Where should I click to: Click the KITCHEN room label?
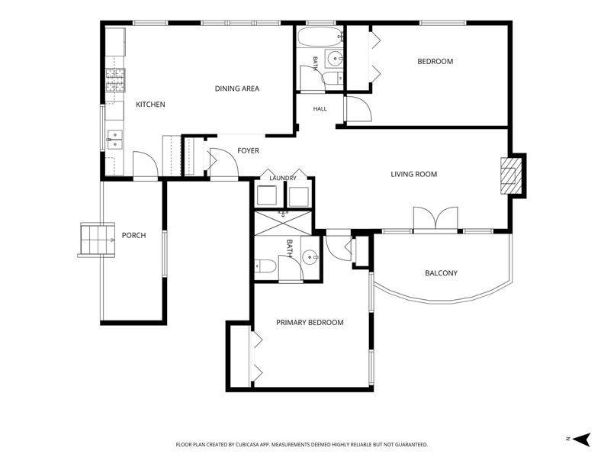(150, 105)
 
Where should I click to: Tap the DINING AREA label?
(237, 89)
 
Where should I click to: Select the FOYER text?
(248, 150)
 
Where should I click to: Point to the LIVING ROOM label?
(413, 174)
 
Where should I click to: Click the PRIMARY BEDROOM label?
(310, 323)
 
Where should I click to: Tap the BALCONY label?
(441, 273)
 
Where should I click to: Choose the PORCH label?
(133, 236)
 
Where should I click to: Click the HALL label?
(320, 109)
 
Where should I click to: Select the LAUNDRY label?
(283, 178)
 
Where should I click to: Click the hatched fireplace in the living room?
(511, 176)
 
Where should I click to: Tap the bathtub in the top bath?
(320, 37)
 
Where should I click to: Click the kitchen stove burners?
(116, 80)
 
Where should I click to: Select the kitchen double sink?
(115, 139)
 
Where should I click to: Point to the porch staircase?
(97, 240)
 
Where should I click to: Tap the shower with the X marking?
(283, 223)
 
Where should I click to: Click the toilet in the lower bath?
(265, 266)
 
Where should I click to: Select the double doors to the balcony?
(435, 219)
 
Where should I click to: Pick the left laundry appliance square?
(267, 196)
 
